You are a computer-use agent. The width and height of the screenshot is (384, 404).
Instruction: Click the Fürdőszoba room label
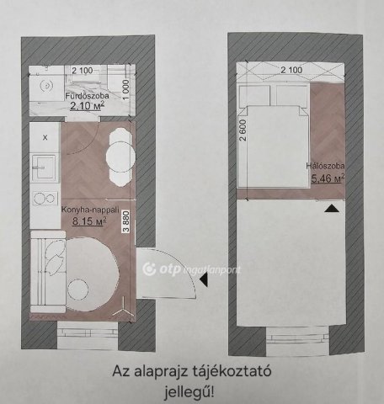pos(87,96)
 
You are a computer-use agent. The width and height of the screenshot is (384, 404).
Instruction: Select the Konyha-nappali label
pos(90,210)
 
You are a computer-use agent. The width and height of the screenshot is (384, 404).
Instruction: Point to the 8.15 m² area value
pos(89,221)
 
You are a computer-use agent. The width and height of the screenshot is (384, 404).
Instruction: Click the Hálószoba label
pos(325,166)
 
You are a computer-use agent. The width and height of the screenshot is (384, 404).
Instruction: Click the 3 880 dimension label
pos(126,221)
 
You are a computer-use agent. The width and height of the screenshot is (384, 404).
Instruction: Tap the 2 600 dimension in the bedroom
pos(243,130)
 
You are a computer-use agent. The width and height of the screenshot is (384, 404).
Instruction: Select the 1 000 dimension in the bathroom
pos(126,89)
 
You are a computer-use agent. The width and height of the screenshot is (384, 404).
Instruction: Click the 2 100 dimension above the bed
pos(291,70)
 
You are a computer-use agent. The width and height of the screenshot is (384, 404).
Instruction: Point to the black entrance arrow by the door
pos(204,279)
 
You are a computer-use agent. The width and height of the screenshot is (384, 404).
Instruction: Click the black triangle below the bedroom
pos(333,208)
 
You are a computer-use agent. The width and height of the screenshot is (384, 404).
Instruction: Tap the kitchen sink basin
pos(44,167)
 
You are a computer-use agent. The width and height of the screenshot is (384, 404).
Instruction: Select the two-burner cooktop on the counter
pos(45,199)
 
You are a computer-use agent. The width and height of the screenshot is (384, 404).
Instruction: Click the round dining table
pos(120,157)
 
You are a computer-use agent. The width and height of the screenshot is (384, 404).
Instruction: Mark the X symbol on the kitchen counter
pos(45,138)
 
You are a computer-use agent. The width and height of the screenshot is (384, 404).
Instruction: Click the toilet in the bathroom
pos(46,85)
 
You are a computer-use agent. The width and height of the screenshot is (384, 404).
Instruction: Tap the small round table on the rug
pos(77,290)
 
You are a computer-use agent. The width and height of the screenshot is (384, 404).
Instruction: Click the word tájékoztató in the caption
pos(232,371)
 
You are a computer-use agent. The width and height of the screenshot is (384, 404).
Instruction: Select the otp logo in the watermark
pos(162,269)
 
